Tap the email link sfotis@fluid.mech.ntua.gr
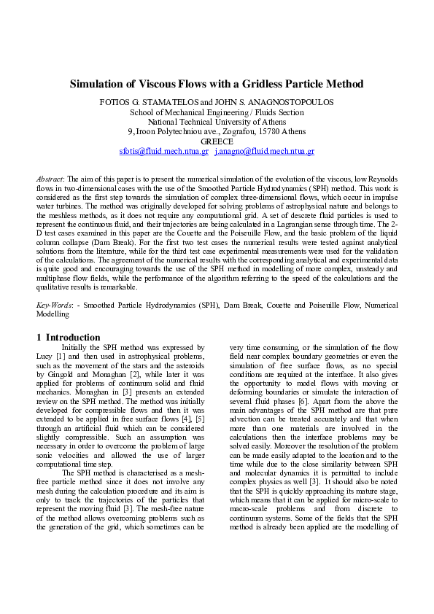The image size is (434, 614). coord(163,151)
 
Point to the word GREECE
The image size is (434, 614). coord(217,141)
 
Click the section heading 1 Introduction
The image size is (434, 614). coord(68,338)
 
